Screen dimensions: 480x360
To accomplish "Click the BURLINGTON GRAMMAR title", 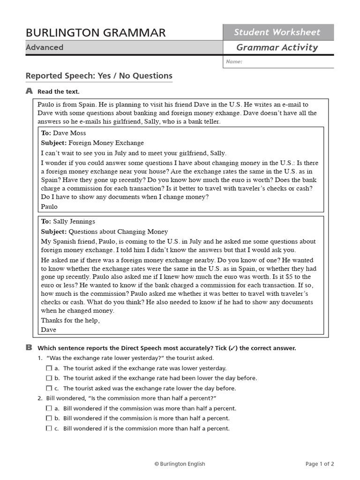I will (x=96, y=32).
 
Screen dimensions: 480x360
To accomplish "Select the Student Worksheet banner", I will (x=277, y=32).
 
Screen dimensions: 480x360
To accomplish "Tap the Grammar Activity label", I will (x=277, y=47).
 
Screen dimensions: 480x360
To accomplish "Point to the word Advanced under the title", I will (x=45, y=47).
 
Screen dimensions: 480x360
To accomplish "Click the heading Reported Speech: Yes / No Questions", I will (x=99, y=76).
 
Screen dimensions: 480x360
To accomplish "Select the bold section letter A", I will (x=29, y=91).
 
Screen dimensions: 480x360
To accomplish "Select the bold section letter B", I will (x=29, y=348).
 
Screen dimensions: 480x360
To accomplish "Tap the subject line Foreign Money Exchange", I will (x=106, y=143).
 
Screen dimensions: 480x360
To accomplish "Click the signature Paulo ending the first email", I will (x=49, y=206).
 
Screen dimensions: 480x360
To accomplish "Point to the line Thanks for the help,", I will (x=70, y=321).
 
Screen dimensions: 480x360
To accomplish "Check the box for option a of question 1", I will (x=49, y=368).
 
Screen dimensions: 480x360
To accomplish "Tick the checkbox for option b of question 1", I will (x=49, y=378).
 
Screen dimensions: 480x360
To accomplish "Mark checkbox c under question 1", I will (x=49, y=388).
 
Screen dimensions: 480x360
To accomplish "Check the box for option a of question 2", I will (x=49, y=409).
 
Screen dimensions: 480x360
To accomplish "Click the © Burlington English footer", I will (x=180, y=464).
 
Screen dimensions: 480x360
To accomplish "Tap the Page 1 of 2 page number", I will (x=320, y=464).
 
